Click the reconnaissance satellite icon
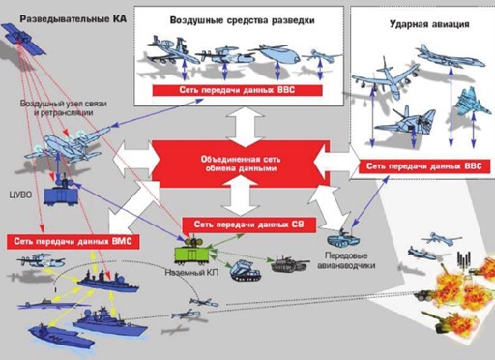click(x=23, y=39)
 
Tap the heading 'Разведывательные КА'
click(x=73, y=19)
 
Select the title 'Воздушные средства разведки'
click(x=242, y=20)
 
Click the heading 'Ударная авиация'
click(x=429, y=24)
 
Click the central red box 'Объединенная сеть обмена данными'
click(x=241, y=164)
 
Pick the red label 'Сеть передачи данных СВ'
click(x=248, y=225)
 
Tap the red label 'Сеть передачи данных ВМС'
click(x=73, y=242)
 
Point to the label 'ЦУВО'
click(x=20, y=195)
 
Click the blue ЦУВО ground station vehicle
click(x=61, y=193)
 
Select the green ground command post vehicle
click(x=191, y=252)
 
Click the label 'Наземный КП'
click(x=191, y=273)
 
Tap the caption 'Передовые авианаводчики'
click(x=346, y=260)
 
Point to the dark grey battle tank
click(x=289, y=264)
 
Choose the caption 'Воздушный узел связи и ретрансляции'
click(x=64, y=108)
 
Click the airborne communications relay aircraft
click(x=69, y=144)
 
